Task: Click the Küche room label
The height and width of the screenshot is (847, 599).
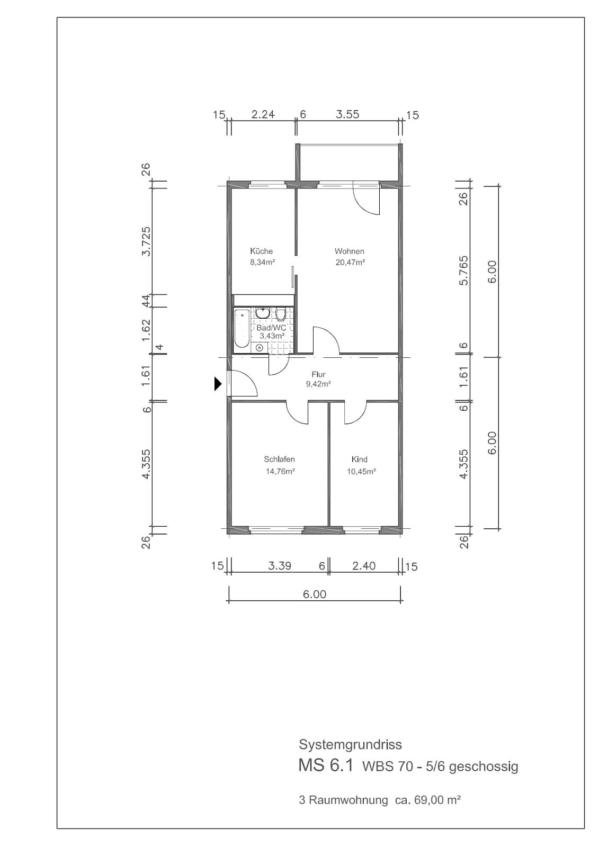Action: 261,251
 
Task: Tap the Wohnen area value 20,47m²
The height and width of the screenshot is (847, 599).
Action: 350,262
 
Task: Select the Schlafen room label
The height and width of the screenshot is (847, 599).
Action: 279,459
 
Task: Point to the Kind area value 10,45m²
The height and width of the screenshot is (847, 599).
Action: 361,472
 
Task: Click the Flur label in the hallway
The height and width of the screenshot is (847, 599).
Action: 318,374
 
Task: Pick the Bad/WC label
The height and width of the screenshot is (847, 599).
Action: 271,328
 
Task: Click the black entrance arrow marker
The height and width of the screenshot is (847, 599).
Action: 218,384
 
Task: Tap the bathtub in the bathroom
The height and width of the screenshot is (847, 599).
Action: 242,328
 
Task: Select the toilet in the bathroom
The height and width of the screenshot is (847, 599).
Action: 280,314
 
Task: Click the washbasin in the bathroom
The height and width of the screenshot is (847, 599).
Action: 262,313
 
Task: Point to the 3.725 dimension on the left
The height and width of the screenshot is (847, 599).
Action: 146,241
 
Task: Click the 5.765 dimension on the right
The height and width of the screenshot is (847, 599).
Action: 464,271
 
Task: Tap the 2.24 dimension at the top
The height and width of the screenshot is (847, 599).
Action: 263,114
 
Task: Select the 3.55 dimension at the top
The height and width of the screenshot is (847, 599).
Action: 347,114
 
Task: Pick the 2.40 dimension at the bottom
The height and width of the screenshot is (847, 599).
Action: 364,566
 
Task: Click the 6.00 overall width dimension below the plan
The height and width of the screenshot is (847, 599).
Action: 314,594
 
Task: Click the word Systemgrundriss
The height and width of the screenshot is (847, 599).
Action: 351,744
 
